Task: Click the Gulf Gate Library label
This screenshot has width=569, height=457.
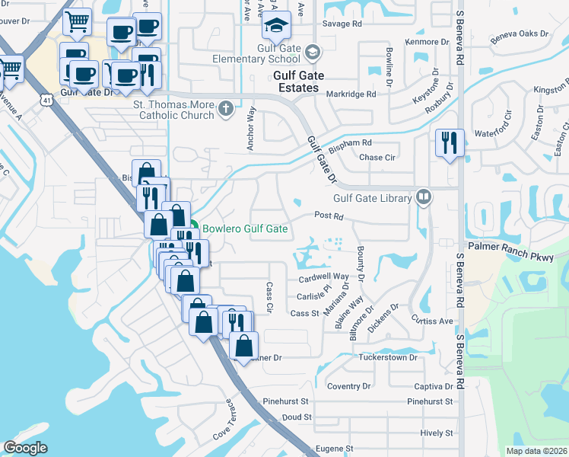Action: point(372,198)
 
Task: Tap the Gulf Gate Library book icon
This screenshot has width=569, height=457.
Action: point(424,198)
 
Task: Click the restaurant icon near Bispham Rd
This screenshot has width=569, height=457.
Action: point(447,142)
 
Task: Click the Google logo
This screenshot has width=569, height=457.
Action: point(25,448)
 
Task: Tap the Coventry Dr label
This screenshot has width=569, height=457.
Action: point(348,386)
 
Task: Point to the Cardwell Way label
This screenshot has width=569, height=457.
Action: point(323,277)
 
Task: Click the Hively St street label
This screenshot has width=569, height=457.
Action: point(436,433)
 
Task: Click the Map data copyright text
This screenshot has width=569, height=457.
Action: point(537,451)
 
